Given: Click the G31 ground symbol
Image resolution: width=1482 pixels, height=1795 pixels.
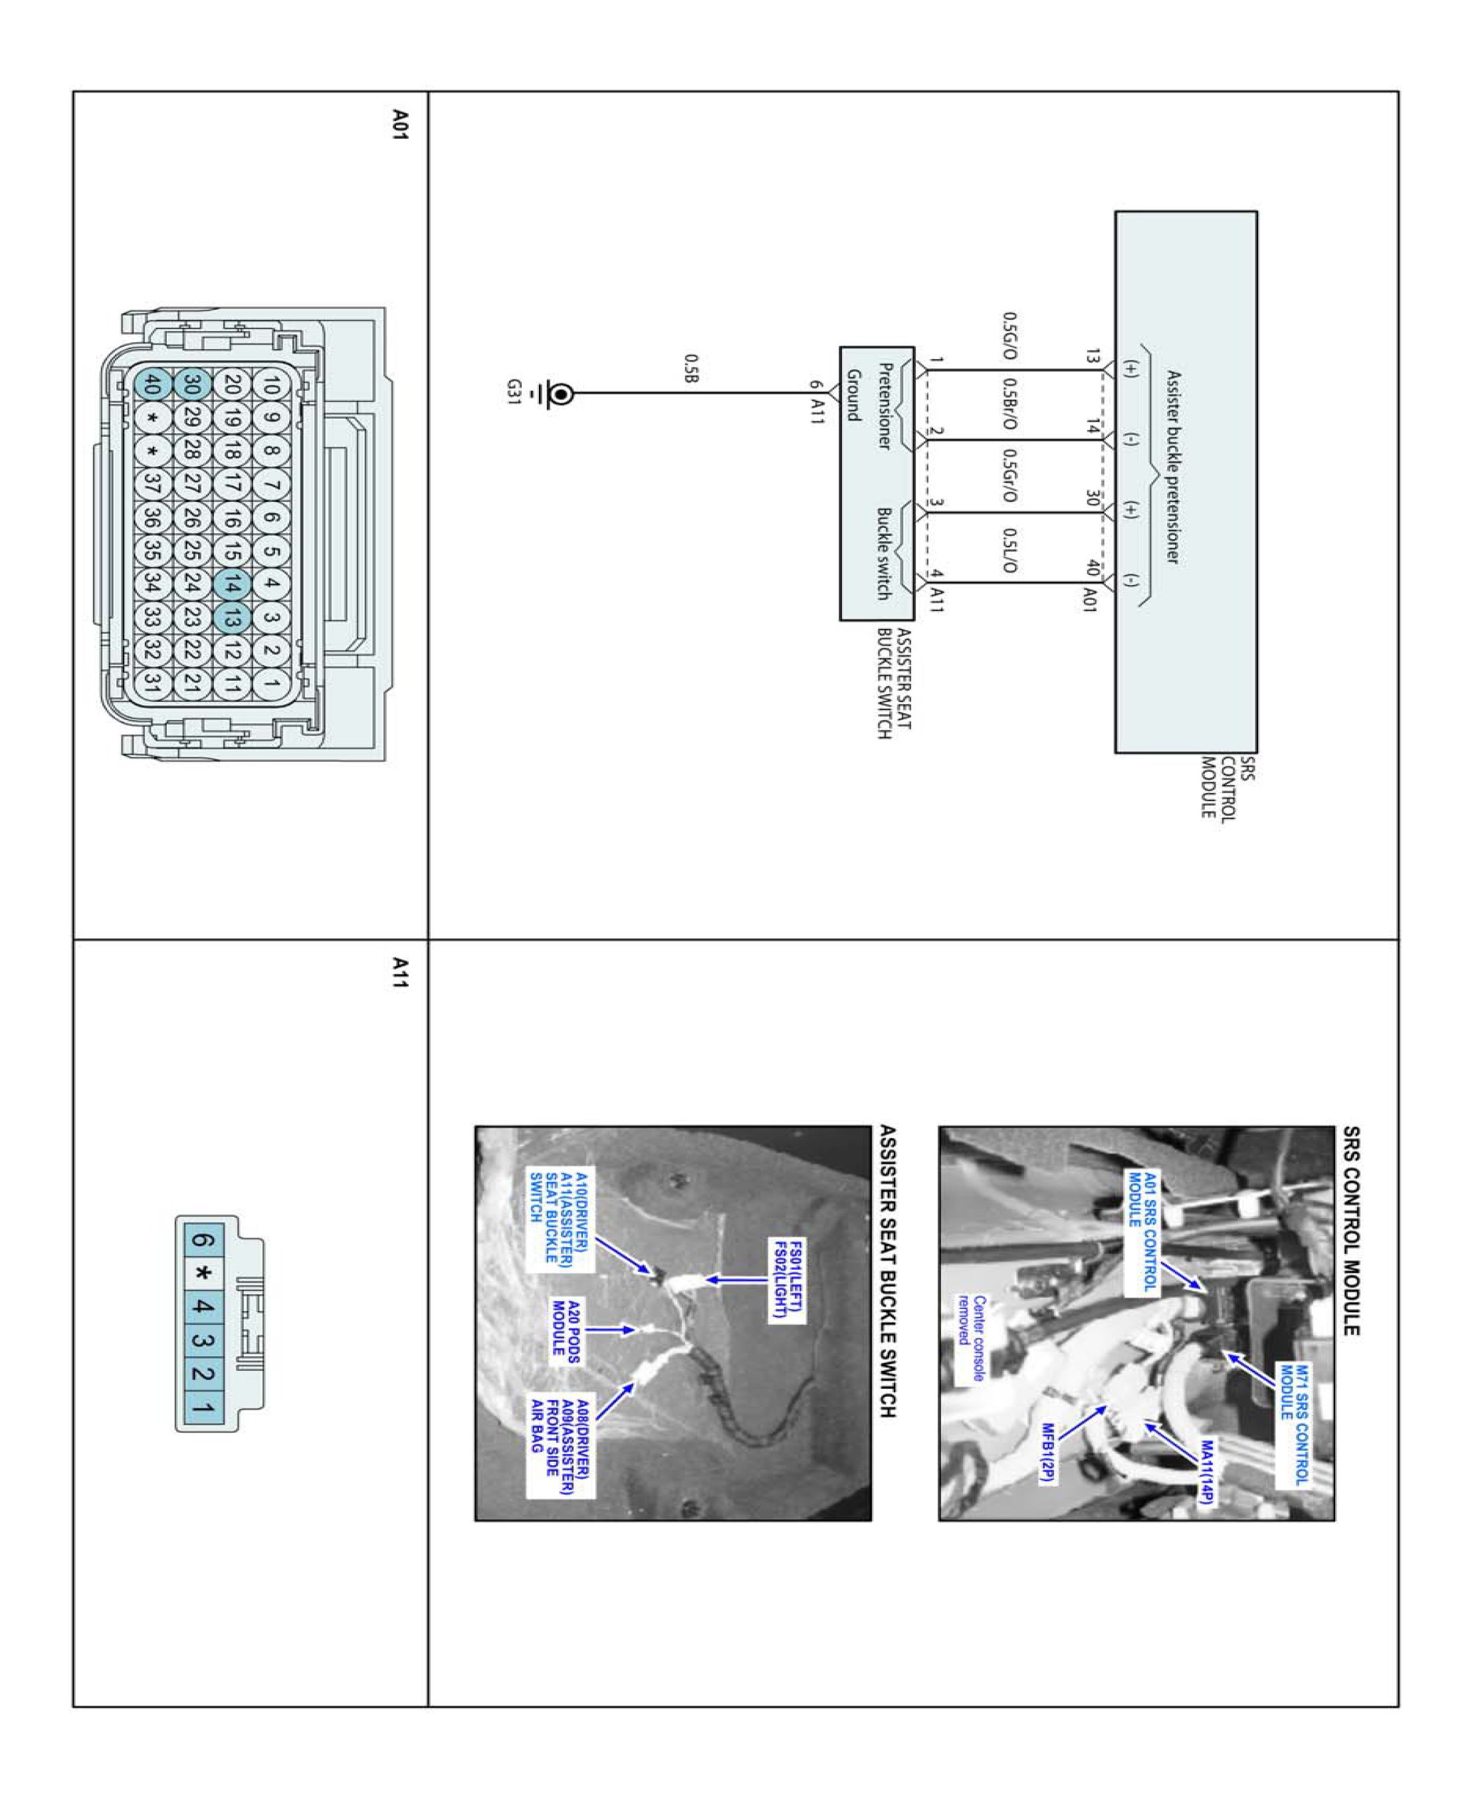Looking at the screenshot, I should [x=561, y=394].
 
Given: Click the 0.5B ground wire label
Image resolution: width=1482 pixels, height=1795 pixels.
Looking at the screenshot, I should [x=691, y=368].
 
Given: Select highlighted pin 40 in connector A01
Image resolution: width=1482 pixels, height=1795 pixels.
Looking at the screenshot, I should [x=152, y=385].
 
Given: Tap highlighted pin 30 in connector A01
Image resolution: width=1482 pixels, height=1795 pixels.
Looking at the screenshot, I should [x=192, y=385].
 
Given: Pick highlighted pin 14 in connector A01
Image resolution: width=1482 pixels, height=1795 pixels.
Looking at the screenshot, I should [x=231, y=584].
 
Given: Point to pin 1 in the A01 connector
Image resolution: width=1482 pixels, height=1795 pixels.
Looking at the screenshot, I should [x=271, y=683].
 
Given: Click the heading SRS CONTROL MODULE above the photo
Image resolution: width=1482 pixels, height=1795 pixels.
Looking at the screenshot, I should [x=1350, y=1231].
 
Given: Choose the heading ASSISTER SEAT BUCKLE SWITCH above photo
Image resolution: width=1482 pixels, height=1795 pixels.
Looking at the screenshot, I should [x=887, y=1272].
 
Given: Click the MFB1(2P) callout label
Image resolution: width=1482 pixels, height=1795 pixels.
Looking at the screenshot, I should [x=1048, y=1453].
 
